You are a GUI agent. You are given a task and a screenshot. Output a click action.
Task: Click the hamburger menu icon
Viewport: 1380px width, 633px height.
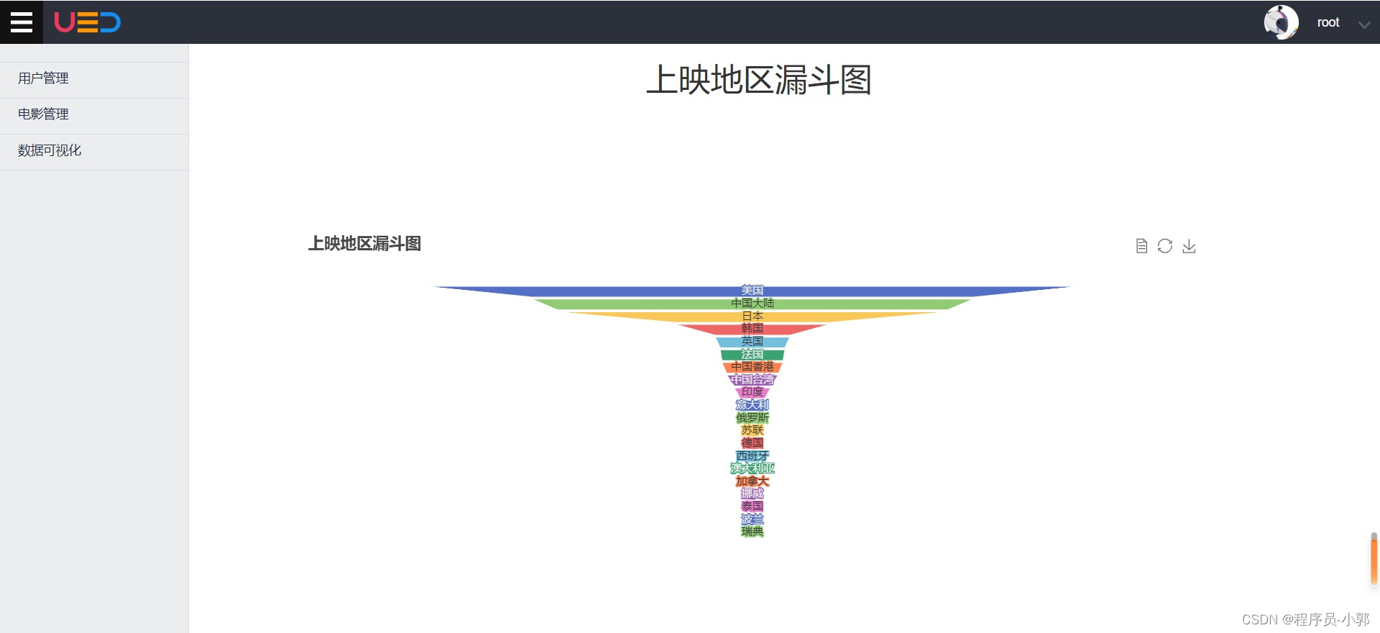coord(22,22)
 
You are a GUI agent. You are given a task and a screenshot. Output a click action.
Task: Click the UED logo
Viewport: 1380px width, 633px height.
coord(87,22)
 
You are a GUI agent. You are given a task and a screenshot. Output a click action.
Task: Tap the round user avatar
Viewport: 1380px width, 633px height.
coord(1281,22)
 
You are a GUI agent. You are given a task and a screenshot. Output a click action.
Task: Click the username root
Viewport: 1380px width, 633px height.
coord(1328,22)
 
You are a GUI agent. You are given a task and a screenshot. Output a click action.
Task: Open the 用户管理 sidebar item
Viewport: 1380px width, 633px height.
coord(43,78)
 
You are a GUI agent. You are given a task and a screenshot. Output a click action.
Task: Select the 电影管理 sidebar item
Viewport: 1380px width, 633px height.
coord(43,114)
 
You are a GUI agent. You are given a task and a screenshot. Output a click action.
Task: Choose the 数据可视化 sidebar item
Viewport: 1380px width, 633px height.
coord(50,150)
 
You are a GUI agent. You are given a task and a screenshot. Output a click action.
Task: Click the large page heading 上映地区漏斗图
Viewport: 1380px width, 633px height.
coord(758,80)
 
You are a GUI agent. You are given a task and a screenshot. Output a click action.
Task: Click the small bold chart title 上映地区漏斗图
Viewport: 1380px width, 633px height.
coord(364,244)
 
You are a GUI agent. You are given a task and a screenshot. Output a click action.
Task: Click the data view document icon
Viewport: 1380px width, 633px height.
coord(1141,246)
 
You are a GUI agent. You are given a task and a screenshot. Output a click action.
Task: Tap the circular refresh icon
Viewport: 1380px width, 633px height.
coord(1165,246)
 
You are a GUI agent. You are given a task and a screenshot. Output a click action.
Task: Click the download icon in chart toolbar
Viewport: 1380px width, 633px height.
coord(1189,246)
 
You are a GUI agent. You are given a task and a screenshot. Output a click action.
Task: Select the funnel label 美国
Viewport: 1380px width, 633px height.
coord(752,291)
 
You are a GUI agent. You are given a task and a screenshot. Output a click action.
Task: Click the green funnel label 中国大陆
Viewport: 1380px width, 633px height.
coord(752,304)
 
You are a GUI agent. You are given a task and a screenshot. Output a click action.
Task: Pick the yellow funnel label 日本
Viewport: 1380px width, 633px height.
coord(752,316)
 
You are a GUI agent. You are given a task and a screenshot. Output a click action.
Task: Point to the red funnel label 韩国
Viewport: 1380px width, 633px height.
coord(752,329)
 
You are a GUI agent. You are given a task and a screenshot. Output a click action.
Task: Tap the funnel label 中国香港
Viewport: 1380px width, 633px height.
coord(752,367)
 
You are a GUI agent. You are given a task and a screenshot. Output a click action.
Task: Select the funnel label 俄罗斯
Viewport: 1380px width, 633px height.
coord(752,418)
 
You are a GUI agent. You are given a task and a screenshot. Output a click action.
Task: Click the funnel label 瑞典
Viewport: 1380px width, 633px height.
coord(752,532)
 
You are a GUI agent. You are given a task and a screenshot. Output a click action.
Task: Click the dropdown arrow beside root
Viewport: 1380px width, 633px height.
coord(1363,24)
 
